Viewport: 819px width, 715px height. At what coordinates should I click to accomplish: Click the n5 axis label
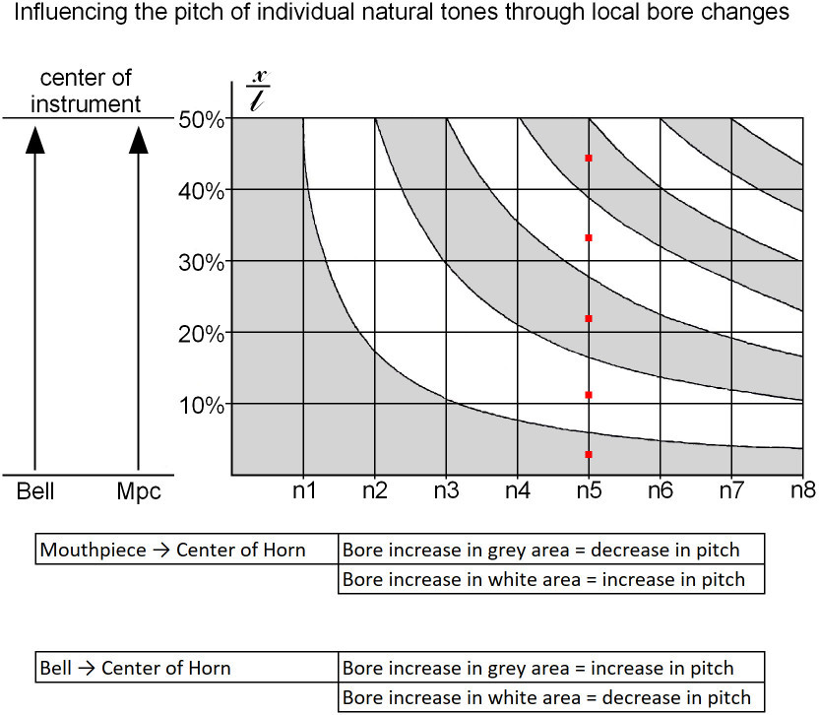[x=589, y=489]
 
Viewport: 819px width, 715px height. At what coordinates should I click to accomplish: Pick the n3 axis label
[x=446, y=489]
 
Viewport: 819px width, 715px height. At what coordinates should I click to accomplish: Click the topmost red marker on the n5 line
[x=589, y=158]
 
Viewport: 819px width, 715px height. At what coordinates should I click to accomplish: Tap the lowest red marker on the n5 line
[x=589, y=454]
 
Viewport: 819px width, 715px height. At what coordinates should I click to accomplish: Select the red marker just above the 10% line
[x=589, y=395]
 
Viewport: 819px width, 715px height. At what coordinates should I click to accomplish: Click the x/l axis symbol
[x=257, y=91]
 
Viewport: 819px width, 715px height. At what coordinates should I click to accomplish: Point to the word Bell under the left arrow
[x=35, y=490]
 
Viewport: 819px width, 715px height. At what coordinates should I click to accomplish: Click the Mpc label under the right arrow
[x=138, y=490]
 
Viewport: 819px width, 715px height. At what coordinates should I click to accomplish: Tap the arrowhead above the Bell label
[x=35, y=141]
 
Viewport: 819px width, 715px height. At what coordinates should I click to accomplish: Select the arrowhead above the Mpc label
[x=138, y=141]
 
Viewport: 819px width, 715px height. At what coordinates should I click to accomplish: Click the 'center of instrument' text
[x=86, y=91]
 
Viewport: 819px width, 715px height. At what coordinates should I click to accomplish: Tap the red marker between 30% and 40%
[x=589, y=237]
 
